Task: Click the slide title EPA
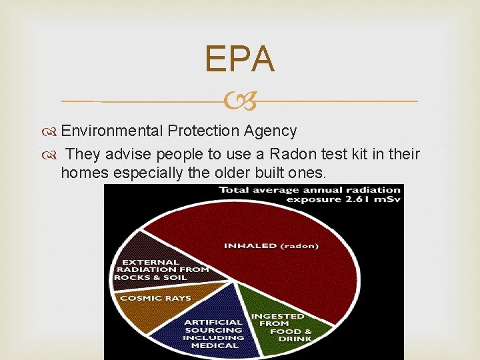[239, 59]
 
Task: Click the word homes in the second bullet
[83, 173]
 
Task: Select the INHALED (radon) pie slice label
[271, 245]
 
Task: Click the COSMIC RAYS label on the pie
[155, 298]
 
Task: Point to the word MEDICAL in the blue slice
[214, 345]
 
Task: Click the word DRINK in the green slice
[295, 339]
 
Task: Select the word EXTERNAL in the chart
[150, 262]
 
